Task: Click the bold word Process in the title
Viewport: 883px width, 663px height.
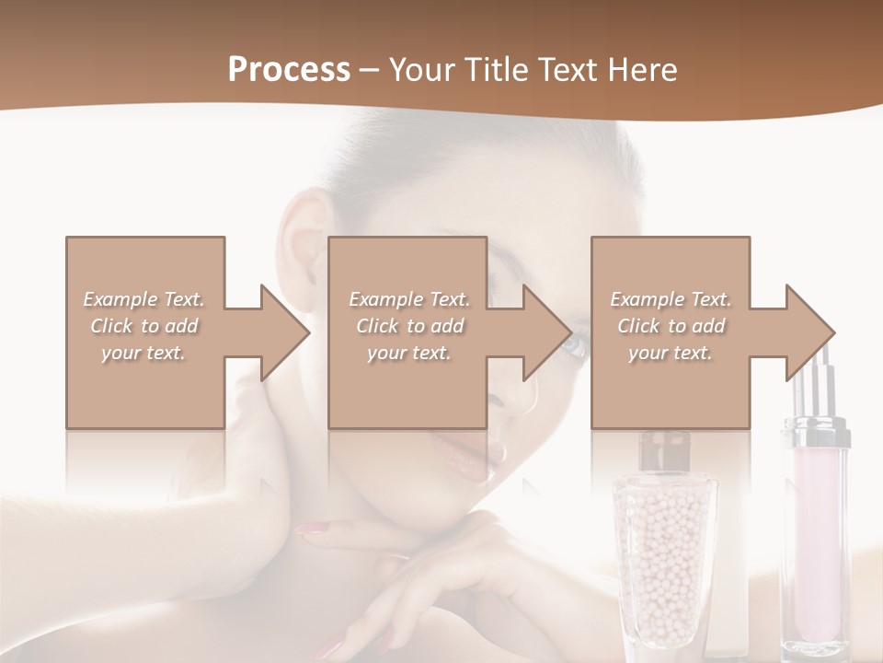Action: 289,70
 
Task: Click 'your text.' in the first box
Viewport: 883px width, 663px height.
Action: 143,353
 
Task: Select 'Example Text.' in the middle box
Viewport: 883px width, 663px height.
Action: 409,299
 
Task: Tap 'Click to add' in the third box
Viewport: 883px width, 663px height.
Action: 671,326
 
